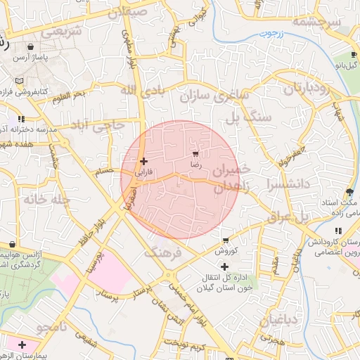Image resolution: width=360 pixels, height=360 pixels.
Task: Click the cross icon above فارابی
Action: click(x=143, y=162)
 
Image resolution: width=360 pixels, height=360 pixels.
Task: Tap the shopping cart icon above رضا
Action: click(x=195, y=154)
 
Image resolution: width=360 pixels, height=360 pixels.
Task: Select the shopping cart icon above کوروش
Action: click(x=224, y=240)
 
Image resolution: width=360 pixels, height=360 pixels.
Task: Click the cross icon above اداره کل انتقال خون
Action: click(x=224, y=266)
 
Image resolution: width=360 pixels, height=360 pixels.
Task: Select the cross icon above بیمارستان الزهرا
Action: click(x=22, y=345)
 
